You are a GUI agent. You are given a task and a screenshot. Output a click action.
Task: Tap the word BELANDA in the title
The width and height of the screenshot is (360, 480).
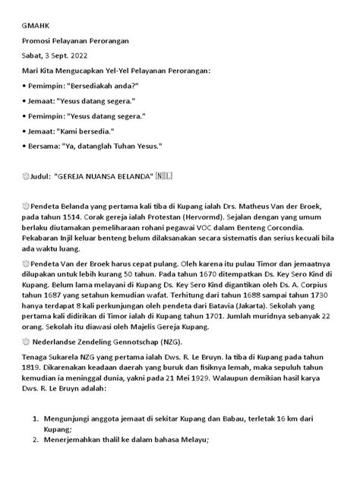click(130, 176)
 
